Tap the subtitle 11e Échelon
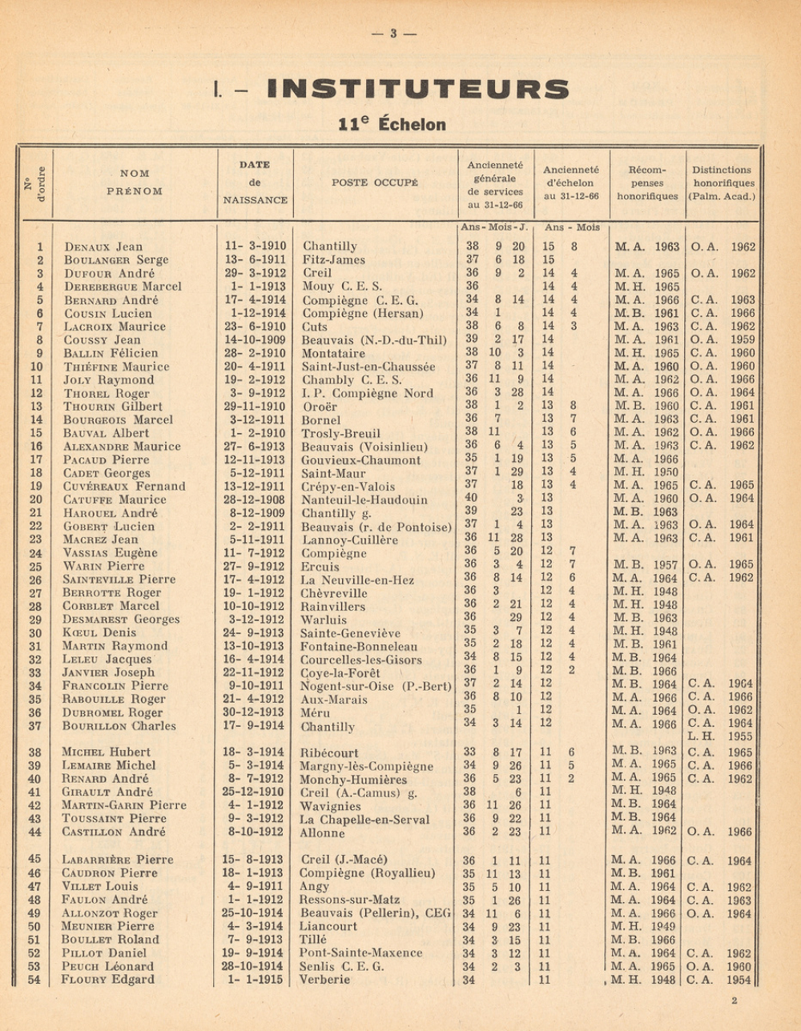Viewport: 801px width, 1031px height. click(x=392, y=124)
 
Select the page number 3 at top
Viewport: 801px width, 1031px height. click(x=393, y=34)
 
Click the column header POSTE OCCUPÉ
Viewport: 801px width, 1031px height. click(x=375, y=183)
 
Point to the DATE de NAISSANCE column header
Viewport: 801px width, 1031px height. click(x=255, y=183)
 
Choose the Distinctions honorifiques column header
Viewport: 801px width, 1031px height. click(x=722, y=183)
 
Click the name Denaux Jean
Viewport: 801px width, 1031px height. click(x=103, y=247)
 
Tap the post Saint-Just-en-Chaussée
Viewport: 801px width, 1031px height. click(x=368, y=367)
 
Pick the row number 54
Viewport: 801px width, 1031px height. click(x=34, y=980)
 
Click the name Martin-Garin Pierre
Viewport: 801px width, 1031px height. click(x=124, y=805)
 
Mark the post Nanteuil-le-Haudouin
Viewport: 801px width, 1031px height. click(x=364, y=499)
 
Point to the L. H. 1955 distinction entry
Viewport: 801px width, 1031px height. click(x=721, y=736)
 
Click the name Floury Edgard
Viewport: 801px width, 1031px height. click(x=108, y=980)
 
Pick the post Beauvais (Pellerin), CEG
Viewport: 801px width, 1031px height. click(x=374, y=913)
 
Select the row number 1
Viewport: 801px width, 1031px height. click(x=39, y=247)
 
